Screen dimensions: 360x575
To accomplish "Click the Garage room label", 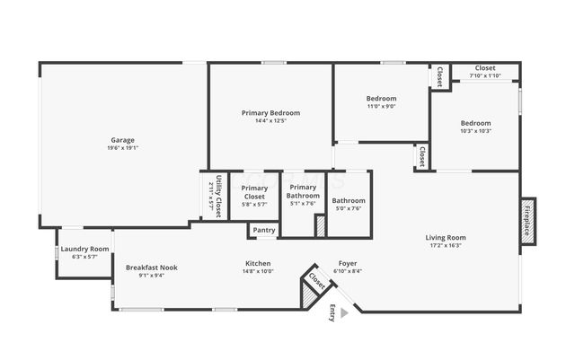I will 123,140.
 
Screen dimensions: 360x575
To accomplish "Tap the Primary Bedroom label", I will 270,113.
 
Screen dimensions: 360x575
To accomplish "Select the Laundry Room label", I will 84,249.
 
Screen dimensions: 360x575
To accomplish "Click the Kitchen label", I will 259,264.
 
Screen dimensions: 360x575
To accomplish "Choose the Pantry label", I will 264,231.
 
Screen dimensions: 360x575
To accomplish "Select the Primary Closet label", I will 254,192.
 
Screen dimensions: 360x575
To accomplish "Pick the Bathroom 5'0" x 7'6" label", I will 349,200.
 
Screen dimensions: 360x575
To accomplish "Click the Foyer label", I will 347,263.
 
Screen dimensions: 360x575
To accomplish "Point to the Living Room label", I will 446,238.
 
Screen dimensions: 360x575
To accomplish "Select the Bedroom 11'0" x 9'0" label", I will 381,98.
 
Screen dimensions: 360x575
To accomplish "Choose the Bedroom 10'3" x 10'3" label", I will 476,123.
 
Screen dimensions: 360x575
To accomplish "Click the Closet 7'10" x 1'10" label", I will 485,68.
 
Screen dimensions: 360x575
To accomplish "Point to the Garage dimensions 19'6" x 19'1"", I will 123,148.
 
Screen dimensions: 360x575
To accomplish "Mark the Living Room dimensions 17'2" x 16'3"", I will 446,245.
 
